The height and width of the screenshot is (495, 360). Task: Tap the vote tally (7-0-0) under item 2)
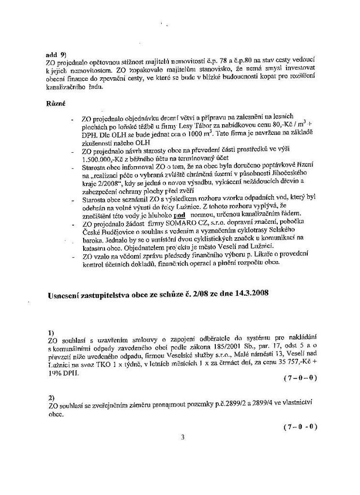click(x=300, y=427)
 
